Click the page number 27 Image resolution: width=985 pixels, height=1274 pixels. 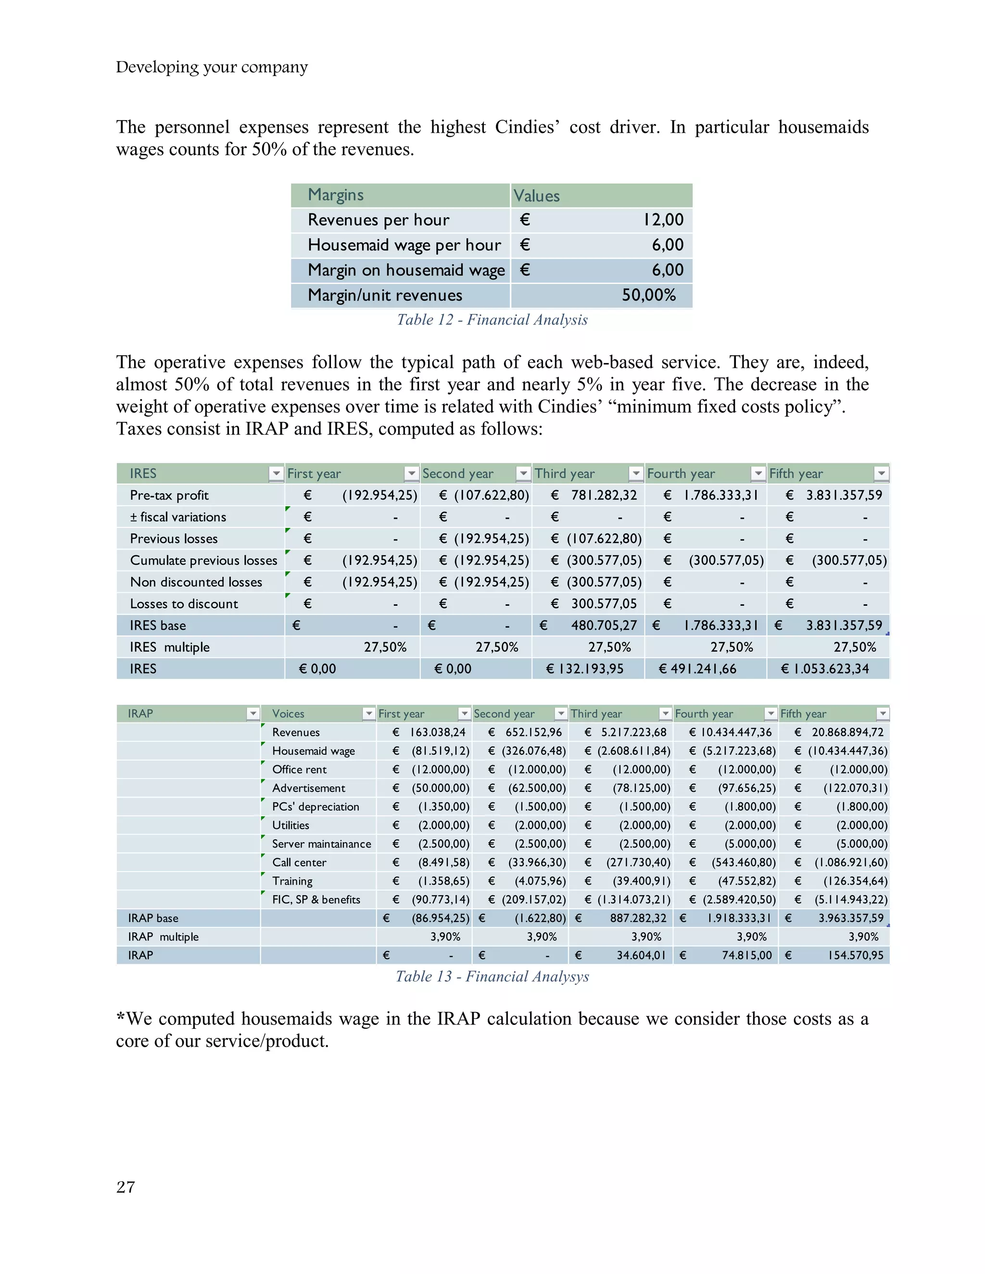pos(126,1187)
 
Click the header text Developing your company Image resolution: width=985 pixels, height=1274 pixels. pos(211,67)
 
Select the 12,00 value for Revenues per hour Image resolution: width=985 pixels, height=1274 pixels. pos(663,220)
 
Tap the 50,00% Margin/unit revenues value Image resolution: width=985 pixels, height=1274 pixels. pos(648,295)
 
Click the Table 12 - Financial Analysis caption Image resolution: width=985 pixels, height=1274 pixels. pos(492,320)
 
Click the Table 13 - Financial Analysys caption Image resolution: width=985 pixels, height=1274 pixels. pos(492,976)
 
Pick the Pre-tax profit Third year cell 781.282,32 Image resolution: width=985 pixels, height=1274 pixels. pos(604,495)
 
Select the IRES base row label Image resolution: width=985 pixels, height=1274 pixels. pos(158,625)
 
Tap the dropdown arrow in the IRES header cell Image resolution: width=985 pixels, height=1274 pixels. pos(276,474)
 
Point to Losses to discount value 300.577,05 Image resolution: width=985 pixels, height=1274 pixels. pos(604,604)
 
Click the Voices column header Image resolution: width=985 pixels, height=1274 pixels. pos(288,713)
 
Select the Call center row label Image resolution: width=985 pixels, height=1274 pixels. pos(299,862)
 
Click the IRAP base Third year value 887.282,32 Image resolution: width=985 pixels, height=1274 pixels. pos(638,918)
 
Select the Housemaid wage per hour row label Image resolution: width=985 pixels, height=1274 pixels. pos(404,245)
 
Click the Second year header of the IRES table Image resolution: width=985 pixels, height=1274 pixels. pos(457,474)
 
